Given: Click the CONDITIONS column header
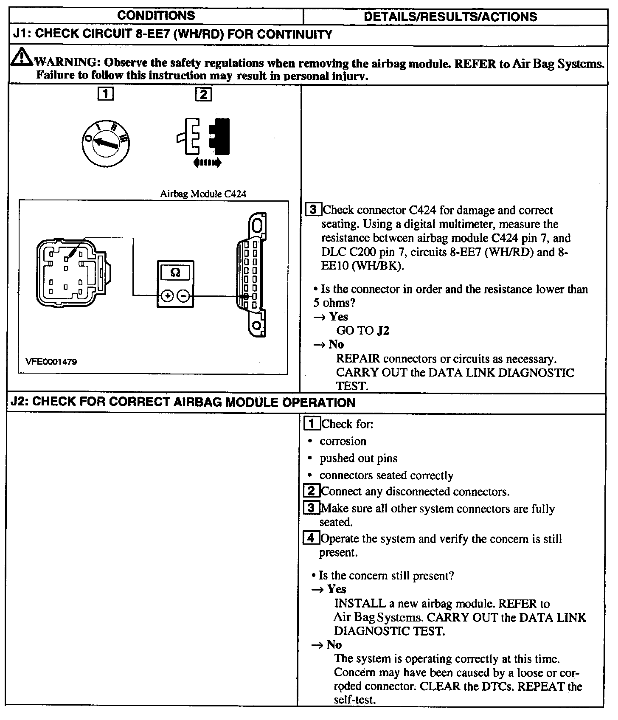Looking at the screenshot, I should pos(156,16).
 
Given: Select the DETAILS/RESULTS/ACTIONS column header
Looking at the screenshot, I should pos(450,17).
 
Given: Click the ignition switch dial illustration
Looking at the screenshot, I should pos(106,144).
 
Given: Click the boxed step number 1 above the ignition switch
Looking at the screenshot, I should pos(106,93).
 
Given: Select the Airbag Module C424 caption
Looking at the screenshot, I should pos(203,194).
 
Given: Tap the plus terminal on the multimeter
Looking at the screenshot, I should pos(168,296).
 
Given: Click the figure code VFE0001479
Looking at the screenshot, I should pos(51,362).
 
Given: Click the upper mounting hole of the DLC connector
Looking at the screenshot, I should pos(258,225).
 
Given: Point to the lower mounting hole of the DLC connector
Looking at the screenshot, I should pos(256,325).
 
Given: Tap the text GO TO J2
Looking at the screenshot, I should pos(362,330).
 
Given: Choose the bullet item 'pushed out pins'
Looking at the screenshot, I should pos(358,458).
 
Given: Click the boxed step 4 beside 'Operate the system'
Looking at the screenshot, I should pos(311,538).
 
